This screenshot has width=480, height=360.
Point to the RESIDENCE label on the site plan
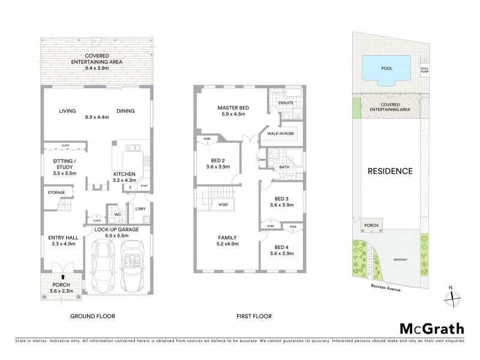pyautogui.click(x=390, y=171)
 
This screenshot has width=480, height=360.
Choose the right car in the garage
pyautogui.click(x=132, y=262)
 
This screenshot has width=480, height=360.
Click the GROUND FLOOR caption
pyautogui.click(x=93, y=316)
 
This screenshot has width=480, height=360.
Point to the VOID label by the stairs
pyautogui.click(x=223, y=205)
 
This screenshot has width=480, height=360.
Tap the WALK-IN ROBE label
pyautogui.click(x=281, y=134)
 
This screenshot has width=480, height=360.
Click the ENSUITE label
pyautogui.click(x=286, y=103)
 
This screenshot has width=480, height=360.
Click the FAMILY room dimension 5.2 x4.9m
pyautogui.click(x=227, y=245)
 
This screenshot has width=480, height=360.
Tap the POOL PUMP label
pyautogui.click(x=425, y=70)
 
